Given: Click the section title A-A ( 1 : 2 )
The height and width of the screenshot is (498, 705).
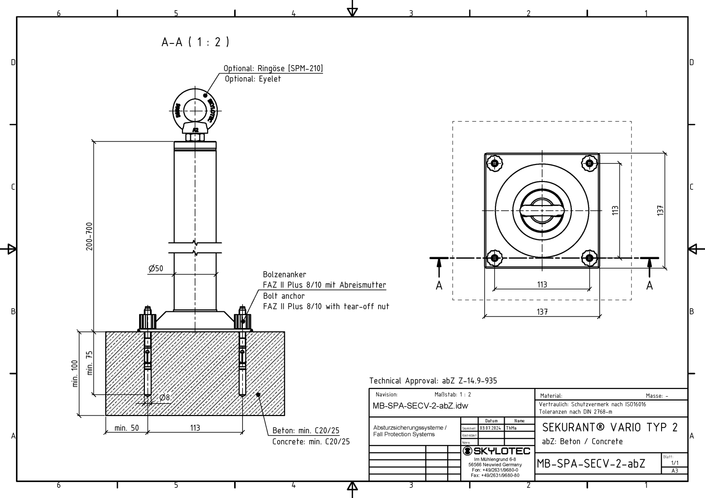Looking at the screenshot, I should pos(195,42).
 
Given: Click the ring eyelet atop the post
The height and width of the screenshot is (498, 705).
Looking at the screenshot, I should pos(195,110).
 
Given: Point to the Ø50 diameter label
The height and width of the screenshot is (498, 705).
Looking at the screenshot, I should pos(156,269).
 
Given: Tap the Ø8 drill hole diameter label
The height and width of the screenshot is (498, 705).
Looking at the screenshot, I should pos(164,397).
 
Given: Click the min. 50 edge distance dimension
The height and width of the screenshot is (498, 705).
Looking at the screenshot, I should pos(127,428).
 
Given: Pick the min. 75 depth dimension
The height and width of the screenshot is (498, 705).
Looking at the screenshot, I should pos(89,363).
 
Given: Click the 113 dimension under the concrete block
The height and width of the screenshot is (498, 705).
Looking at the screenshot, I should pos(195,428).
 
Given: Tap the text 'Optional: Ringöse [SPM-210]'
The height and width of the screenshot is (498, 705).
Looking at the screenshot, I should pos(273,69).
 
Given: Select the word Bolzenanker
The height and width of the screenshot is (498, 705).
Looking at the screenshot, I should pos(284,275).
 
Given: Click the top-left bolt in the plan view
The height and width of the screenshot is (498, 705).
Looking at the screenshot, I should pos(494,163).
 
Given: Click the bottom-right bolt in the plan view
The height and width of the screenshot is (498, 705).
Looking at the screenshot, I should pos(589,258).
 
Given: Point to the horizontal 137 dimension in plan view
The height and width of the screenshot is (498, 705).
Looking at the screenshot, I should pos(542,312).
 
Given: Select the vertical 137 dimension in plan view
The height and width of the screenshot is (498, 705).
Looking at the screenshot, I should pos(661,210).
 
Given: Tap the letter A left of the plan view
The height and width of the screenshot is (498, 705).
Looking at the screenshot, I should pos(438,286).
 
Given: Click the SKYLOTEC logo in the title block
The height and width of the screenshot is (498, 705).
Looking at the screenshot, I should pos(496,451).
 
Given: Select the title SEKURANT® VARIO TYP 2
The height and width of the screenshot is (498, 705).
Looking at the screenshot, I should pos(610,428).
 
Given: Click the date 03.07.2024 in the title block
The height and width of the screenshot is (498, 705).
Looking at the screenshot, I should pos(491,428).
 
